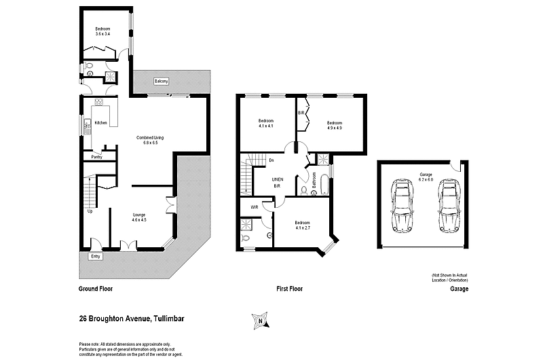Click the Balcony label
pos(161,82)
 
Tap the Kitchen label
pos(101,123)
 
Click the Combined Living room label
pos(150,140)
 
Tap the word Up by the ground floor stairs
pos(91,211)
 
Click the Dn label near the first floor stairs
pos(271,161)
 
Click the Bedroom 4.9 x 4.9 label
pos(335,124)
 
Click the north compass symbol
pos(259,320)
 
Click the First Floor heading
pos(289,289)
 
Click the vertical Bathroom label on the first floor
pos(314,181)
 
